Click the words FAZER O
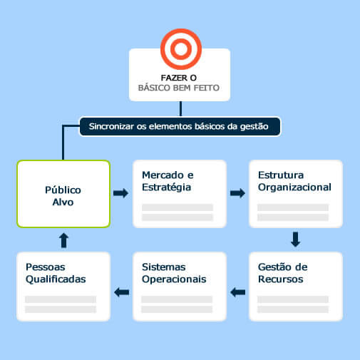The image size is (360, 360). click(x=179, y=78)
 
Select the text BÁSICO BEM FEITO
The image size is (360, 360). click(x=179, y=88)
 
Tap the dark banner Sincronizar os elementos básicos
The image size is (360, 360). click(x=180, y=126)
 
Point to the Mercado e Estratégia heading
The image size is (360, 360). click(x=168, y=181)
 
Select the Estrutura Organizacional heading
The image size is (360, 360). click(x=294, y=181)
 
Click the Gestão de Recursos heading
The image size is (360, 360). click(x=283, y=273)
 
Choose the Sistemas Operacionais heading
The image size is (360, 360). click(x=174, y=273)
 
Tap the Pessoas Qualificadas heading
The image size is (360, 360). click(x=56, y=273)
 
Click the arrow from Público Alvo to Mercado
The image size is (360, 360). click(x=120, y=193)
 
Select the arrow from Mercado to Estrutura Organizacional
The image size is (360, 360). click(x=237, y=193)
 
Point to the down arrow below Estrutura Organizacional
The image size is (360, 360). click(x=295, y=240)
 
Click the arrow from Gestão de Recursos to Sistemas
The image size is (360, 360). click(x=237, y=292)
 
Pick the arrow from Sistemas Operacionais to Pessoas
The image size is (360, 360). click(x=121, y=292)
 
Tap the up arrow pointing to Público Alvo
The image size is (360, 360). click(x=63, y=240)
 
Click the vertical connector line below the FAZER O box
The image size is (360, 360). click(x=180, y=109)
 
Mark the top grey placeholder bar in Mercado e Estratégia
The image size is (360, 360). click(x=178, y=207)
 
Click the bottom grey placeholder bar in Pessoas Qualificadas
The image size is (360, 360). click(x=61, y=309)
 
